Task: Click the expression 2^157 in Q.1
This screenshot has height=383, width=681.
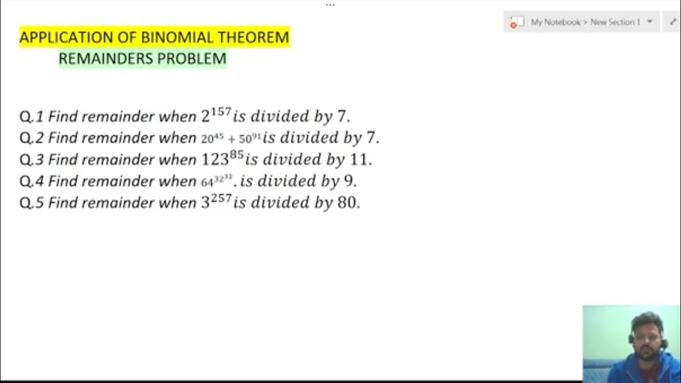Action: pyautogui.click(x=216, y=115)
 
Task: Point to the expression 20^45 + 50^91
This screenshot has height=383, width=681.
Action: pyautogui.click(x=231, y=139)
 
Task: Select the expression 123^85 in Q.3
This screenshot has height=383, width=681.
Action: pyautogui.click(x=222, y=159)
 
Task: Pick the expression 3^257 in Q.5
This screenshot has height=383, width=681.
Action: pyautogui.click(x=216, y=202)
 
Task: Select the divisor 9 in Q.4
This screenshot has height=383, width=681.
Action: pyautogui.click(x=349, y=181)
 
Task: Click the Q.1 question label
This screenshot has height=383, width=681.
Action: pyautogui.click(x=31, y=116)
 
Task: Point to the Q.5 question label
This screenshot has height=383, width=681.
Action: pyautogui.click(x=31, y=203)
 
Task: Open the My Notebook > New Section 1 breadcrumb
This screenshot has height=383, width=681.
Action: pyautogui.click(x=585, y=22)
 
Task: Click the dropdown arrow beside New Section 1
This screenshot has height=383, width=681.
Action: pyautogui.click(x=650, y=22)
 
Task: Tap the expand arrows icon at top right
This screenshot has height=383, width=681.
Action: pyautogui.click(x=672, y=22)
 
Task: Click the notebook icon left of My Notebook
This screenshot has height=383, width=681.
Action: pyautogui.click(x=514, y=23)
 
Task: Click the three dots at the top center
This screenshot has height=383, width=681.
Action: pyautogui.click(x=330, y=5)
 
